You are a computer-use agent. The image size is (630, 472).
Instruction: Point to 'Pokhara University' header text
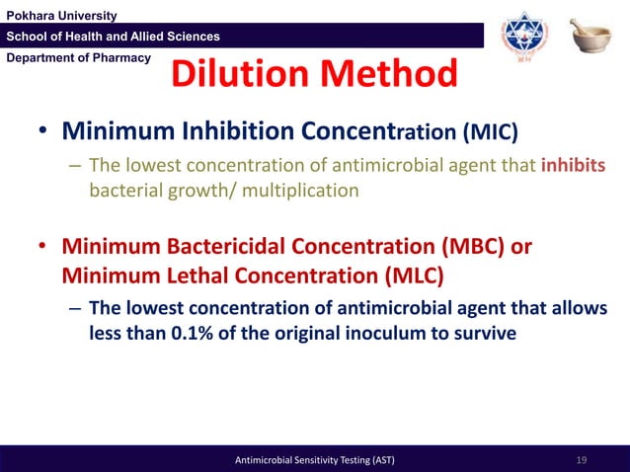[61, 14]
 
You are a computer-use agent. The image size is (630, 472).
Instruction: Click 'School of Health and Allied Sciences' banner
[114, 37]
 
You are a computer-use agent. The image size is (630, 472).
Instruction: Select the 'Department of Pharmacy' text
[76, 57]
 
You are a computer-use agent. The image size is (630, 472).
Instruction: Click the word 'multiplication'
[302, 189]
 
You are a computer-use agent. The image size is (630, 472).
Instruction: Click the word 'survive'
[483, 333]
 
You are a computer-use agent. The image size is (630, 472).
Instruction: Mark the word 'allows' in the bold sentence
[575, 308]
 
